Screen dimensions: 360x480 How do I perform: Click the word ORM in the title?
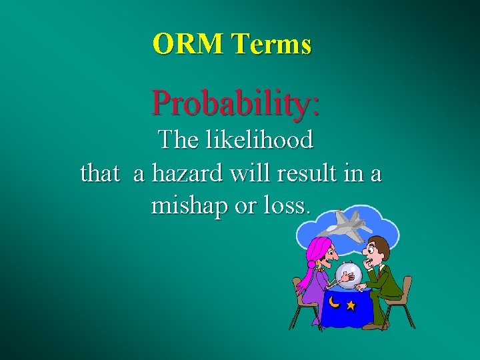189,44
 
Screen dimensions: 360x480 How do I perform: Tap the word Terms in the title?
271,44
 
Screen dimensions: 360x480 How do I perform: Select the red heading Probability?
235,103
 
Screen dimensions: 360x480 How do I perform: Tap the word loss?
286,205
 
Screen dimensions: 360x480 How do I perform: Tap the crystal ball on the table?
348,273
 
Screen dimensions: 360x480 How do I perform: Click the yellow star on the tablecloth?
351,306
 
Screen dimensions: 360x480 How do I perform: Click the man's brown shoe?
374,326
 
